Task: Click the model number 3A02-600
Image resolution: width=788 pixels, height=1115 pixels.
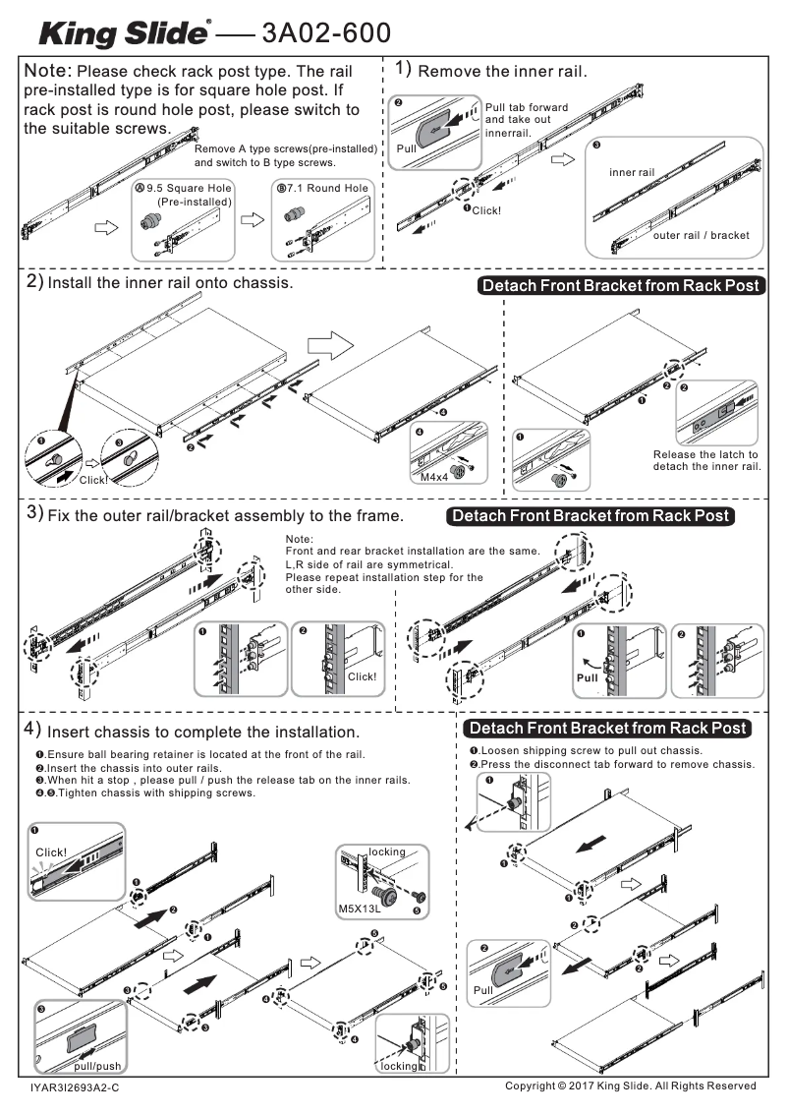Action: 326,34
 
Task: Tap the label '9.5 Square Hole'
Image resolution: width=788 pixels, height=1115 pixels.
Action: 189,188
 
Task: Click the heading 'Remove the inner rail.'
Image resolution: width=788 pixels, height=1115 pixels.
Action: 502,72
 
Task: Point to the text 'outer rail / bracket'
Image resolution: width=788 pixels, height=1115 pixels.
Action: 701,236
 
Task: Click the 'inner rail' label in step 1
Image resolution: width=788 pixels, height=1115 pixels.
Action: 631,173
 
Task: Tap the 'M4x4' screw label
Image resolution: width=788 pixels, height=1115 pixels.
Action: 432,477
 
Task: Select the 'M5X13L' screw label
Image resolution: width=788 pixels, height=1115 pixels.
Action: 359,910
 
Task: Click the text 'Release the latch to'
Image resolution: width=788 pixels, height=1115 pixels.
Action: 705,454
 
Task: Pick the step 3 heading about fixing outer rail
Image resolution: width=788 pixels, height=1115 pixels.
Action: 224,515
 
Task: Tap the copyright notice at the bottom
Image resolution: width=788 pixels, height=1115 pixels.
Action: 630,1086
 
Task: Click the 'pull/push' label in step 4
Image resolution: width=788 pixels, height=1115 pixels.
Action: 97,1066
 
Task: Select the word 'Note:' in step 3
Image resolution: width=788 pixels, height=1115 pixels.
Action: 299,539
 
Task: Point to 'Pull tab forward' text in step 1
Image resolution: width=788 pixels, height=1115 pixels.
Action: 526,107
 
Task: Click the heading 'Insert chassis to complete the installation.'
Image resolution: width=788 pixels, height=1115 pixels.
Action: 203,733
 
